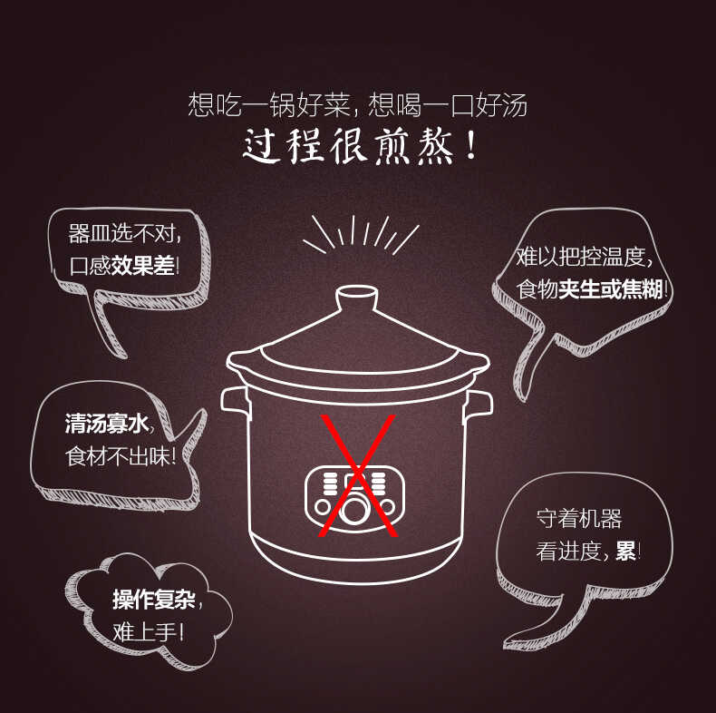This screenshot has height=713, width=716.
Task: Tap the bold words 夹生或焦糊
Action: (611, 289)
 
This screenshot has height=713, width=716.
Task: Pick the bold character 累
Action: (624, 551)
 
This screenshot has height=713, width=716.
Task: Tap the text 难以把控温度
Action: (583, 257)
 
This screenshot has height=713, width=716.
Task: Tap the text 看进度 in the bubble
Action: (569, 551)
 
